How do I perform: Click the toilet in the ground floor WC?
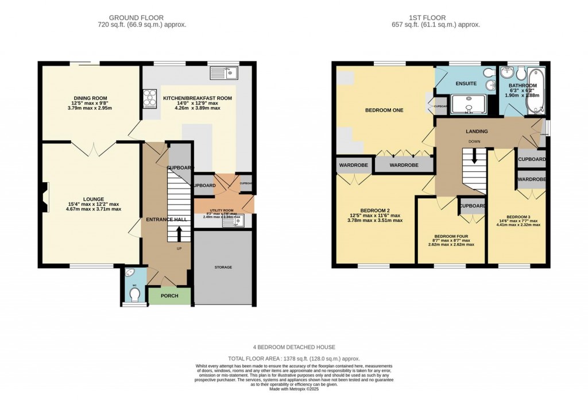coord(135,294)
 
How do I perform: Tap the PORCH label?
coord(169,296)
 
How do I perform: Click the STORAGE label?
coord(223,267)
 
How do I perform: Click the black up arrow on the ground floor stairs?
coord(178,233)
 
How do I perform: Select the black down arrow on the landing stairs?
coord(474,157)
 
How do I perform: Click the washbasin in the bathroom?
coord(506,73)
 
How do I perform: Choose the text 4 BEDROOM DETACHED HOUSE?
coord(294,347)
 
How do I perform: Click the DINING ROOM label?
coord(91,98)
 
